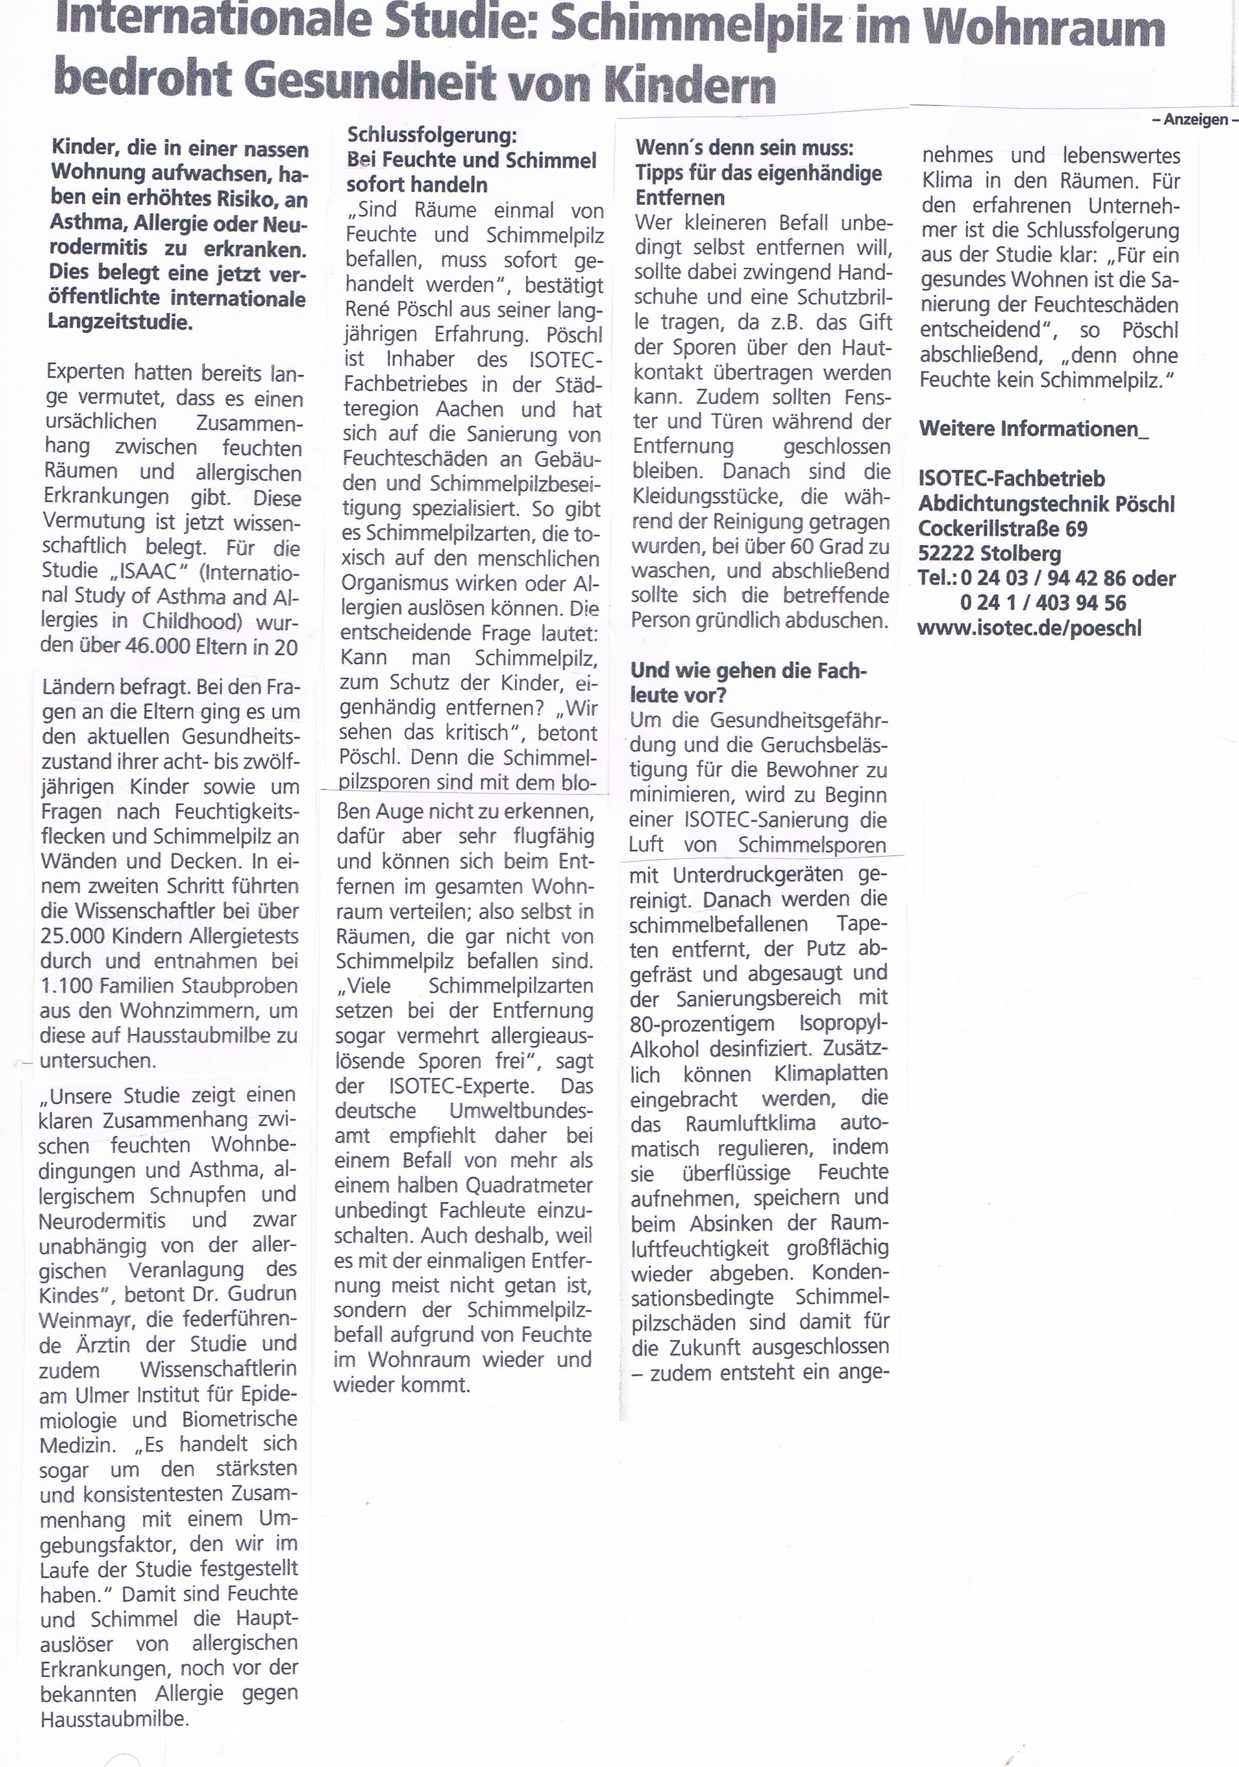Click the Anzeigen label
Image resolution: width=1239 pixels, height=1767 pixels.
tap(1195, 119)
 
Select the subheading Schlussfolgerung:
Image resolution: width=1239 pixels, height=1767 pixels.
tap(432, 135)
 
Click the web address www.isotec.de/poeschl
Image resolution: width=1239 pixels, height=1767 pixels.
tap(1029, 628)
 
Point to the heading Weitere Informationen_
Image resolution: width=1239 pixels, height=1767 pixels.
tap(1033, 429)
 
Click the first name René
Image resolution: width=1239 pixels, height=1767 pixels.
tap(369, 310)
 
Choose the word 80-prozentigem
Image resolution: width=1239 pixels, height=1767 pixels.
tap(701, 1024)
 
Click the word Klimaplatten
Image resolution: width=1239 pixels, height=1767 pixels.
tap(830, 1074)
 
